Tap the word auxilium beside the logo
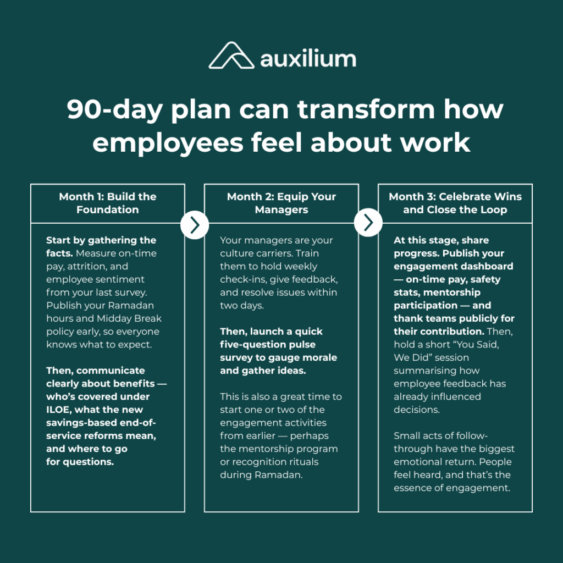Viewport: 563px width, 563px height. (x=308, y=58)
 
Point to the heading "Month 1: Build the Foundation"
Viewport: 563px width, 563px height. (x=108, y=203)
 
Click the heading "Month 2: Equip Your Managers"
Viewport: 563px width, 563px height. (x=281, y=203)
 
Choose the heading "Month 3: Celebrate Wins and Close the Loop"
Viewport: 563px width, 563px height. (x=455, y=203)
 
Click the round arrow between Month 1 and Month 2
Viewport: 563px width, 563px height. (x=195, y=224)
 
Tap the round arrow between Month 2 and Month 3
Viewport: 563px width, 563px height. (x=368, y=224)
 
